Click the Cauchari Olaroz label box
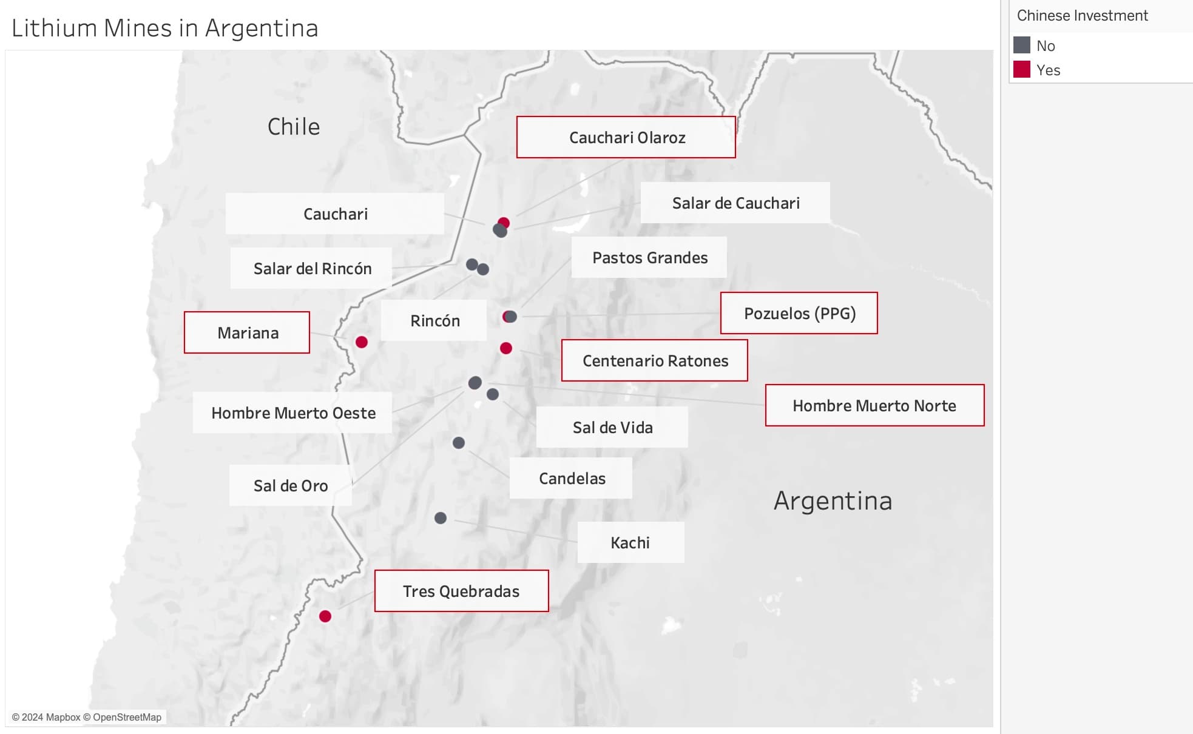pos(626,137)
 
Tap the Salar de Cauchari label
pos(735,203)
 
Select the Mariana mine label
pos(247,332)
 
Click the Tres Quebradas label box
pos(461,591)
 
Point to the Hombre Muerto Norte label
pos(874,405)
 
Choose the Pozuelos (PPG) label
pos(799,313)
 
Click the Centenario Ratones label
pos(654,360)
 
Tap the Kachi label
pos(630,542)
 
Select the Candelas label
pos(571,478)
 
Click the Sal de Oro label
pos(290,485)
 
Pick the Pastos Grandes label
pos(649,257)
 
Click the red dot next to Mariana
pos(362,342)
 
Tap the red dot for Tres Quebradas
pos(325,616)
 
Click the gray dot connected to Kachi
pos(441,518)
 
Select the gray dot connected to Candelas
pos(459,443)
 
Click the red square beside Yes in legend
pos(1022,70)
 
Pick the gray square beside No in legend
pos(1022,45)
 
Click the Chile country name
pos(294,127)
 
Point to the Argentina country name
pos(833,501)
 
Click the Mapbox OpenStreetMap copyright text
pos(87,717)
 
